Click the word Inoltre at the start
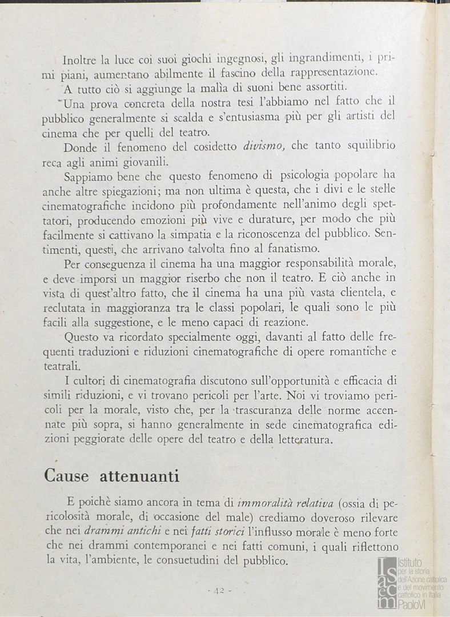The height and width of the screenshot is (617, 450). point(79,59)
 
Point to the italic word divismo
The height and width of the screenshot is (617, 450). point(264,146)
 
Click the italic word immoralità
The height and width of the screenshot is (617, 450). point(263,503)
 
